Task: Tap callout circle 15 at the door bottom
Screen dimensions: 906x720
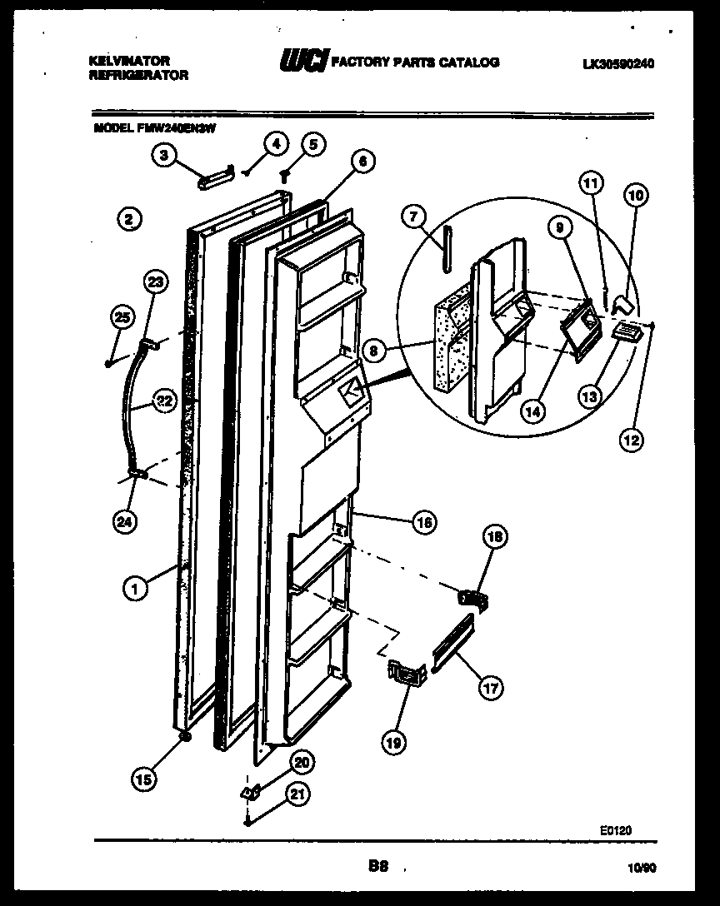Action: point(143,780)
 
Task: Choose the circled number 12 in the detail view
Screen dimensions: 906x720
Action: point(631,440)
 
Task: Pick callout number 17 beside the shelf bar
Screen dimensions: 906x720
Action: point(491,688)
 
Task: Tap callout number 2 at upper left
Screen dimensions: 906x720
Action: point(127,219)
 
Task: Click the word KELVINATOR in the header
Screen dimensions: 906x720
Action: point(129,61)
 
